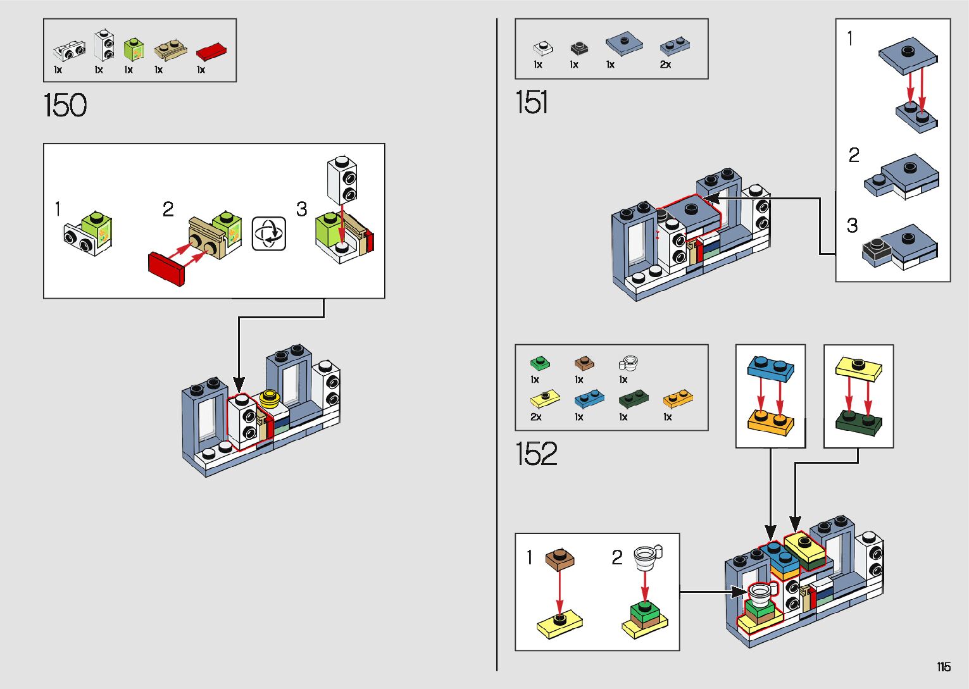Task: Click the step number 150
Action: [65, 105]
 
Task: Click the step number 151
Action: [532, 102]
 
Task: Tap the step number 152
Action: [537, 454]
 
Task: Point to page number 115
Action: [944, 667]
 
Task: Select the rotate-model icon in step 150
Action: [269, 233]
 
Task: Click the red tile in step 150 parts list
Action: [211, 52]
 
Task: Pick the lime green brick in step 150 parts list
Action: [133, 49]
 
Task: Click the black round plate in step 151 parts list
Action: [578, 48]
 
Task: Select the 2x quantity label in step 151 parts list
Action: [665, 65]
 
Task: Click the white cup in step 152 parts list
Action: [628, 363]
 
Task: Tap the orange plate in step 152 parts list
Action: [677, 399]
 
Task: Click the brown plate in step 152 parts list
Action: [584, 363]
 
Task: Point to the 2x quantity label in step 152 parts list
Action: [535, 417]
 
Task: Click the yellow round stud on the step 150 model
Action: [270, 398]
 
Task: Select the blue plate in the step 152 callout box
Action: [770, 368]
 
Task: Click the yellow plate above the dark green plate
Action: [859, 368]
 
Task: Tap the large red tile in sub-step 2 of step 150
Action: [165, 269]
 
